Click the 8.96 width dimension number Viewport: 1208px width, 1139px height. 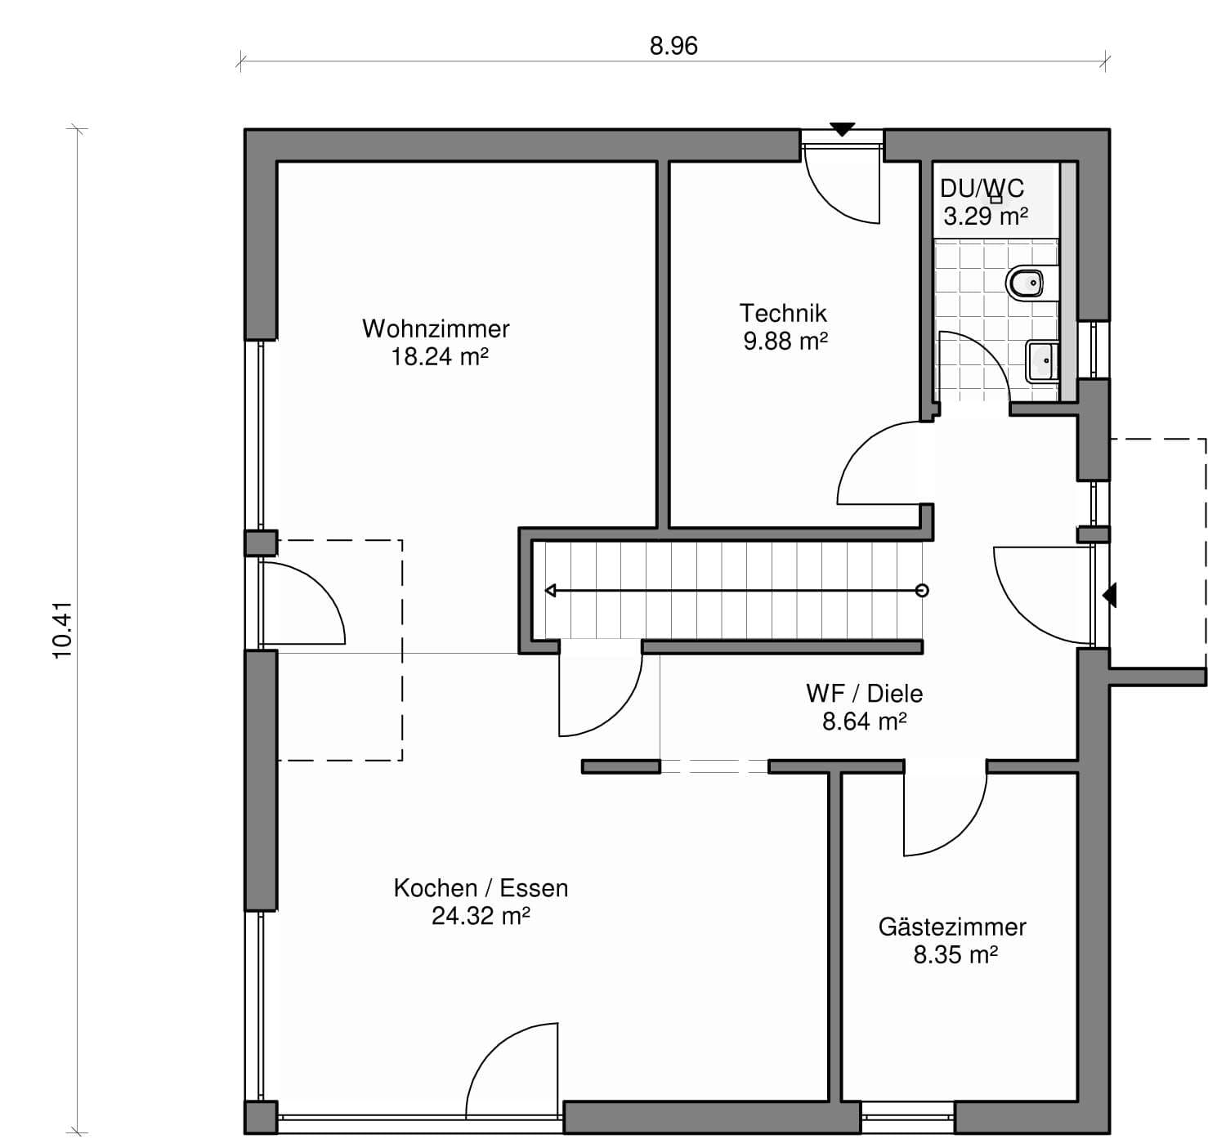(673, 47)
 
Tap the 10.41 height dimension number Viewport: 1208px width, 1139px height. (63, 630)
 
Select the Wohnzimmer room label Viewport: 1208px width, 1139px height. (436, 329)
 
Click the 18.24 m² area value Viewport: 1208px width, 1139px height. (439, 357)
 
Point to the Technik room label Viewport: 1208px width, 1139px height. (783, 314)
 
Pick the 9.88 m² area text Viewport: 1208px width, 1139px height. (785, 342)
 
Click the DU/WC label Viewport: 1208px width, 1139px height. (982, 189)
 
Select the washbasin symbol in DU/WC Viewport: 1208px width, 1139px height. (1043, 361)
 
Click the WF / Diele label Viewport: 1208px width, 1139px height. (865, 694)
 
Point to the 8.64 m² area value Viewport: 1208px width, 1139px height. (865, 721)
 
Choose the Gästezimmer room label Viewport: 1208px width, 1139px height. (952, 927)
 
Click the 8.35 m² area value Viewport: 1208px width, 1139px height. (955, 955)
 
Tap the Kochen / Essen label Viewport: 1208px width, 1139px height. (481, 888)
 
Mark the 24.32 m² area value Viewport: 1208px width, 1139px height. (481, 917)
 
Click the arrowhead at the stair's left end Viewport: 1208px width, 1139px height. (551, 591)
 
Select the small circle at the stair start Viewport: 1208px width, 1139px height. (922, 591)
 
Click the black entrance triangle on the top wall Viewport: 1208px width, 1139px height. (843, 130)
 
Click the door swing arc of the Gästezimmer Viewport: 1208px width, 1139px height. (949, 815)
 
